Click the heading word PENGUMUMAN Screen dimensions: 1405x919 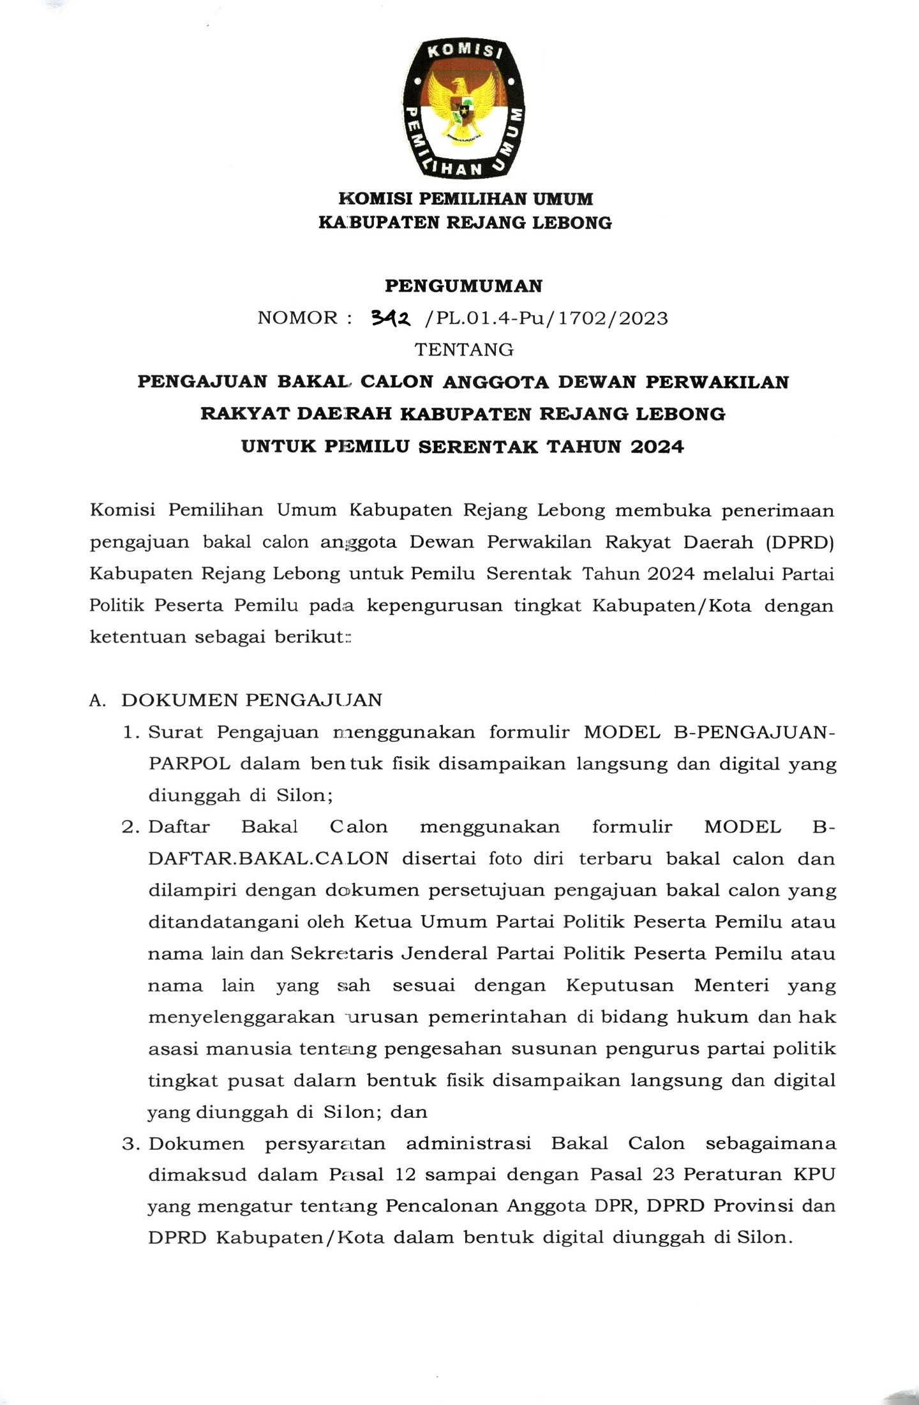(463, 286)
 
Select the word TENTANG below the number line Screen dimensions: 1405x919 (464, 350)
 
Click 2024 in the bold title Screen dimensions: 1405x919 (657, 446)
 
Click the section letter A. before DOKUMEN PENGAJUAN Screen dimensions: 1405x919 (98, 701)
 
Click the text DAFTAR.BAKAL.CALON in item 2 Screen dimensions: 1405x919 (268, 859)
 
